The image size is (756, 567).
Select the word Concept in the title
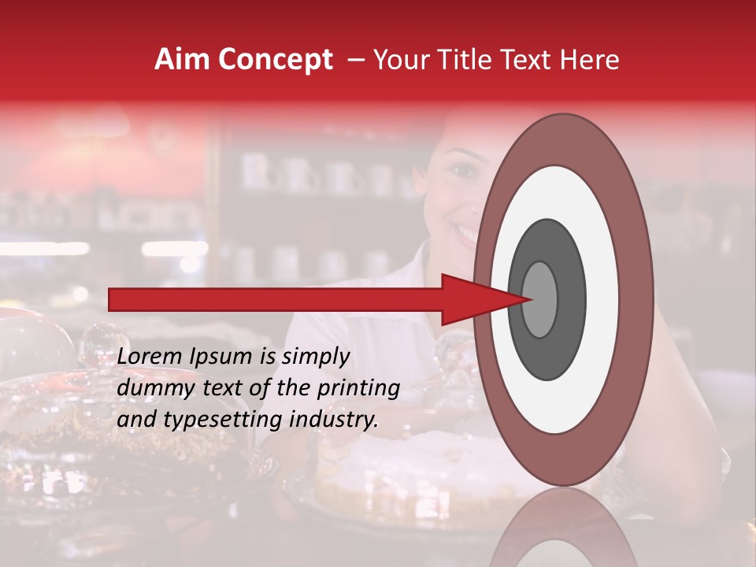coord(275,61)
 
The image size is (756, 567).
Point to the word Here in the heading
coord(591,60)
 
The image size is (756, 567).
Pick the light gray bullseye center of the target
coord(539,299)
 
